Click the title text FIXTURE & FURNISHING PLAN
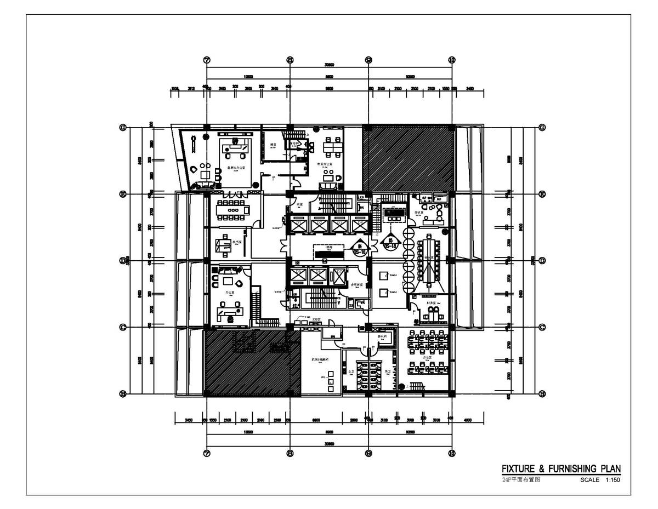[561, 469]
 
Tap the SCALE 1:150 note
[600, 479]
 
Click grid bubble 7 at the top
[207, 60]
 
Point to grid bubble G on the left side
[123, 128]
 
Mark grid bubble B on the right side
[542, 393]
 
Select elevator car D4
[359, 225]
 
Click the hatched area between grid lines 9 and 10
[409, 157]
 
